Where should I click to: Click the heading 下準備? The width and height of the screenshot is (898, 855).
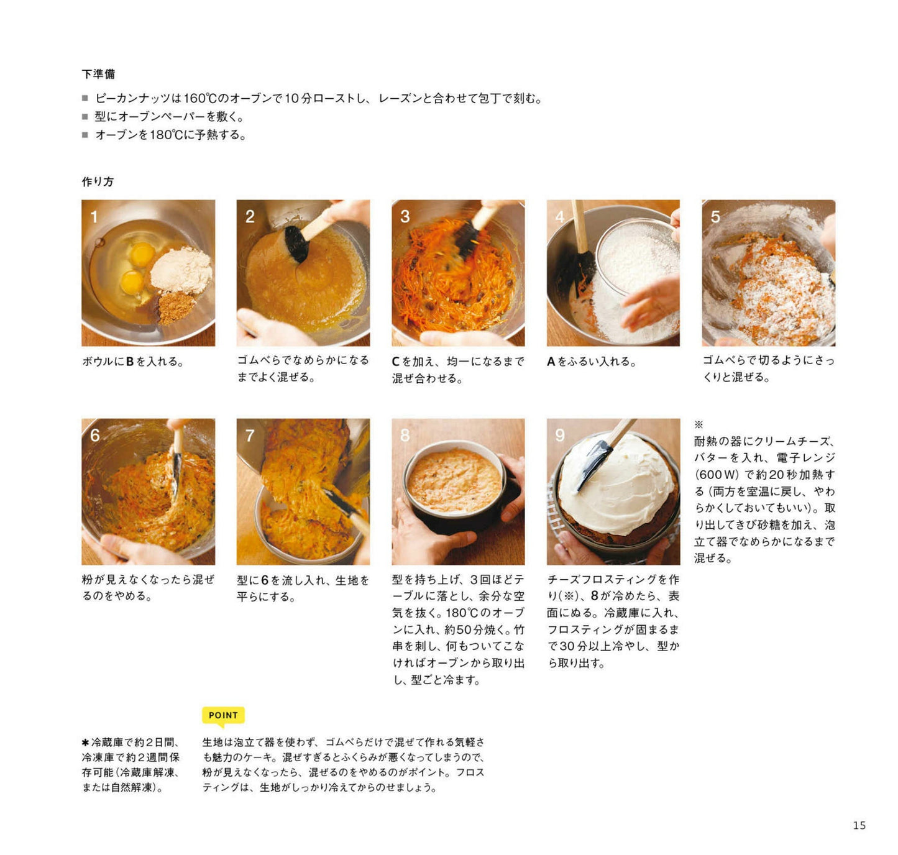tap(98, 74)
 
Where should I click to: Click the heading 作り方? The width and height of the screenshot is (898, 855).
tap(98, 181)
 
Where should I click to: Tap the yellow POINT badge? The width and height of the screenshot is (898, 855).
tap(223, 715)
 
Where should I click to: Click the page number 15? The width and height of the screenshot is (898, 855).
tap(859, 825)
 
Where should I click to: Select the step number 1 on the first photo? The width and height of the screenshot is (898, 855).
tap(94, 216)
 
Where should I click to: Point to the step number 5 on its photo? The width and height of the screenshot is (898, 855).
tap(715, 216)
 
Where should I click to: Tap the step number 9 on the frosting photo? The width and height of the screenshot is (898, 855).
tap(559, 435)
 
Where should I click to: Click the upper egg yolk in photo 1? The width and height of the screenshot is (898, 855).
tap(142, 254)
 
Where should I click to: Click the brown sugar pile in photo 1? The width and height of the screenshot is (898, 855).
tap(170, 308)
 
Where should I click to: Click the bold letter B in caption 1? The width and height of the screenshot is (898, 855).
tap(130, 362)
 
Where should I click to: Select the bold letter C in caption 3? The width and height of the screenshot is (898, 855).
tap(396, 362)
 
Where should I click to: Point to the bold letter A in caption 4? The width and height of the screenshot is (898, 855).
tap(551, 362)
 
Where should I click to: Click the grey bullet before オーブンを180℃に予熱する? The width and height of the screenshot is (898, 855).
tap(85, 135)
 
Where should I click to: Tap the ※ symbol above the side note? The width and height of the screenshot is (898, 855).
tap(699, 424)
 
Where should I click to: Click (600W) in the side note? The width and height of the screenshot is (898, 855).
tap(717, 474)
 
